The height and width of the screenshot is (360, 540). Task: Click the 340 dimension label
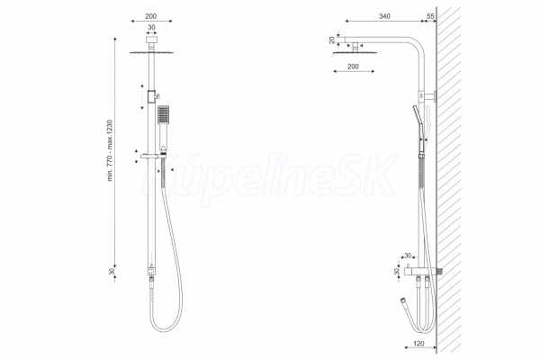384,16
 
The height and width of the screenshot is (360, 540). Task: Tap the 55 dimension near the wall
430,16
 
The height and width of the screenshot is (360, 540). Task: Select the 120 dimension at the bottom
418,344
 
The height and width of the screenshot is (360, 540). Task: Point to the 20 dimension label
332,40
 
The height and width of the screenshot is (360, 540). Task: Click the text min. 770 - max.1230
110,150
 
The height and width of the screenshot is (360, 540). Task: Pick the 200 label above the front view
151,16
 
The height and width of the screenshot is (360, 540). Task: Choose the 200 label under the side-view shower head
353,67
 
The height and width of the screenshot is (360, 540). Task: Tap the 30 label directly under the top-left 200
151,27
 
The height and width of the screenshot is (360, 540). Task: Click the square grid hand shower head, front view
163,114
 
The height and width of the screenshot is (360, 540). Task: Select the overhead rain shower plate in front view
151,53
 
